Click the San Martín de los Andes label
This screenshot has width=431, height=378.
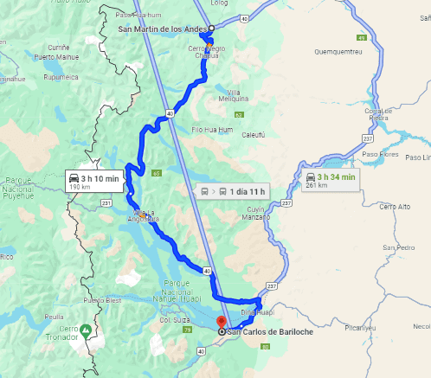tap(162, 29)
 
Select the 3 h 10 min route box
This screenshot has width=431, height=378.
tap(96, 181)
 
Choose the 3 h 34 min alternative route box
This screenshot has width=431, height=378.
tap(330, 180)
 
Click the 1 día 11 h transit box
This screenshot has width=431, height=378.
tap(233, 190)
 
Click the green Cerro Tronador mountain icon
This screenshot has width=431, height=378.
tap(86, 331)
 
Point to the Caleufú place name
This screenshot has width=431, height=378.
tap(252, 134)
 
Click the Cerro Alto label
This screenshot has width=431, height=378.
tap(395, 206)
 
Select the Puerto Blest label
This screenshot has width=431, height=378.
tap(101, 300)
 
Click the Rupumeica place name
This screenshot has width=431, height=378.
tap(43, 75)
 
